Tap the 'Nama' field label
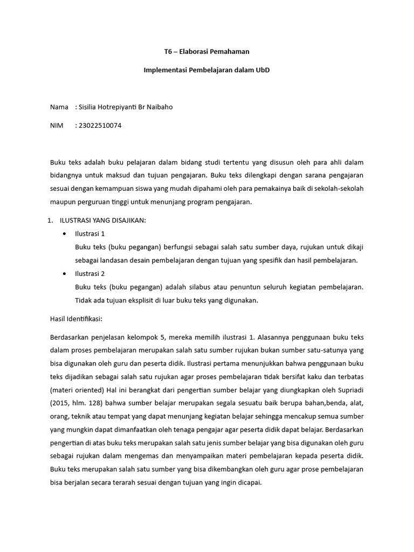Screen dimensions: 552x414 (59, 107)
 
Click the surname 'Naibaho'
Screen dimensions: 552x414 (160, 107)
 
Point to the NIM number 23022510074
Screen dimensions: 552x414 (100, 126)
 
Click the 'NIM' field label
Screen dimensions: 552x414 (57, 126)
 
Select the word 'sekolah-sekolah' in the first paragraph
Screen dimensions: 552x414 (339, 190)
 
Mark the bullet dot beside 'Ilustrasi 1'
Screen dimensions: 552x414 (65, 234)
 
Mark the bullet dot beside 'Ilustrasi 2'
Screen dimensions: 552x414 (65, 273)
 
